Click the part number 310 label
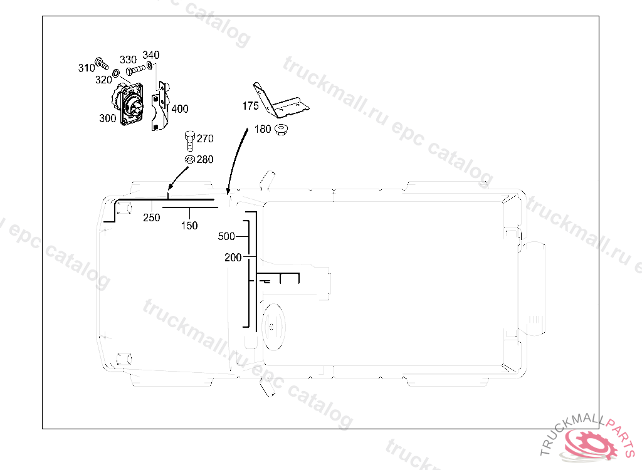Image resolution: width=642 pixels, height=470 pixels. click(x=87, y=68)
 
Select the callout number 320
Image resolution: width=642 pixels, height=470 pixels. click(x=103, y=80)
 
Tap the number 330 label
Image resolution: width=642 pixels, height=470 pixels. click(x=128, y=60)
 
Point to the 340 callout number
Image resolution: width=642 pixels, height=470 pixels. click(x=151, y=55)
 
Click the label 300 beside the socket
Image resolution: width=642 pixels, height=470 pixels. click(x=108, y=118)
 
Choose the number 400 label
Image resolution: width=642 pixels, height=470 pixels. click(x=180, y=109)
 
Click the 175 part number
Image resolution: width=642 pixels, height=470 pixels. click(x=250, y=106)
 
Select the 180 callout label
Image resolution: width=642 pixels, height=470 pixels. click(x=263, y=129)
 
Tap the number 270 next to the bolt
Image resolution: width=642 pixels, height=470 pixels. click(x=205, y=138)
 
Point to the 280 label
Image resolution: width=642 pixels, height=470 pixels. click(x=205, y=159)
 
